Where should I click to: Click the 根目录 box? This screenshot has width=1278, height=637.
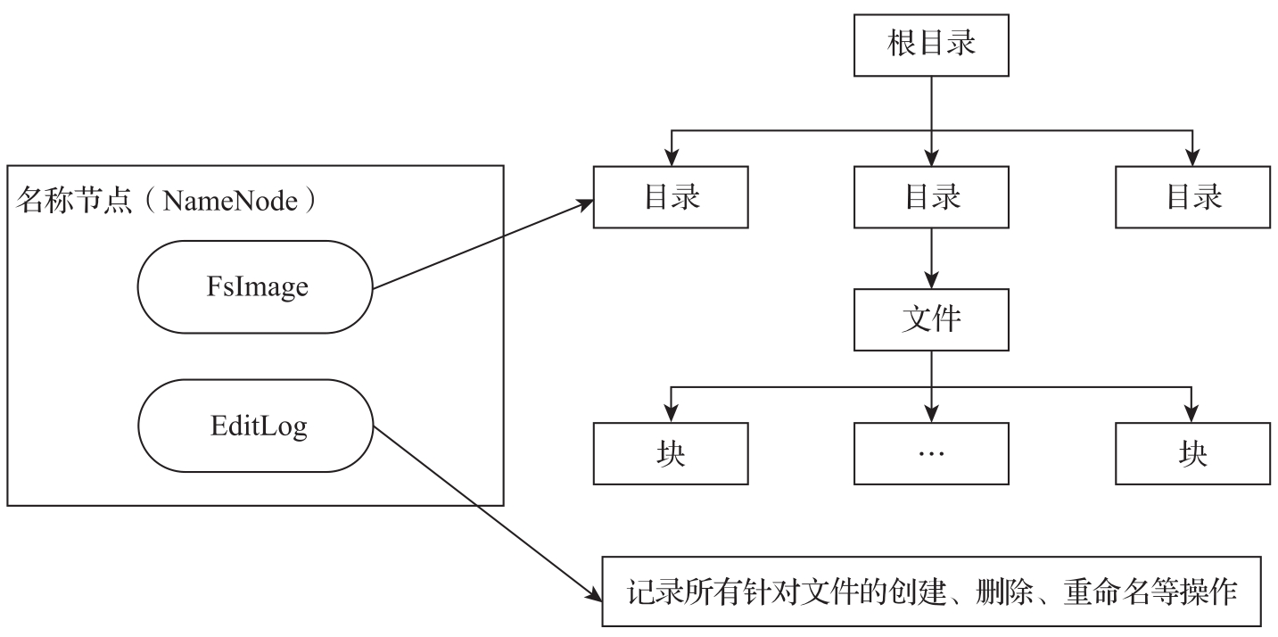pos(931,45)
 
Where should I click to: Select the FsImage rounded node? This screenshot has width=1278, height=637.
pos(254,287)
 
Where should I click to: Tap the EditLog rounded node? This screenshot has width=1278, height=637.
pos(254,426)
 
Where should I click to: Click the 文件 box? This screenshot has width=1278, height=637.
pos(931,319)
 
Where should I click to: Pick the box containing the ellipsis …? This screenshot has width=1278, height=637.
pos(931,453)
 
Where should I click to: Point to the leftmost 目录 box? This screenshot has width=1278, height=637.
pos(671,196)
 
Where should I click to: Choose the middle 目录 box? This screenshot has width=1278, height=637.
pos(931,196)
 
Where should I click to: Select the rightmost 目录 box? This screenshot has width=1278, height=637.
pos(1192,196)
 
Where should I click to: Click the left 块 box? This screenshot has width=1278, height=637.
pos(671,453)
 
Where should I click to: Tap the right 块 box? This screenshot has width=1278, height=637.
pos(1192,453)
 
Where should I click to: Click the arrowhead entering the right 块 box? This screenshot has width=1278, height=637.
pos(1192,416)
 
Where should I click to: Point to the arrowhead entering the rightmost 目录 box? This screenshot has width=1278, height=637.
pos(1192,159)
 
